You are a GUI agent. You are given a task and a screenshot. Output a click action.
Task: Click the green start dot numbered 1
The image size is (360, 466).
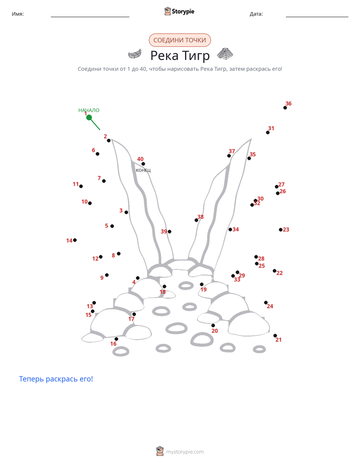89,118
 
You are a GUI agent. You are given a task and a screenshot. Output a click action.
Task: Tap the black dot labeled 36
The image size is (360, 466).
285,107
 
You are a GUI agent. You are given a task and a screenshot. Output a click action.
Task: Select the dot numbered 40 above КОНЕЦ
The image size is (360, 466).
143,164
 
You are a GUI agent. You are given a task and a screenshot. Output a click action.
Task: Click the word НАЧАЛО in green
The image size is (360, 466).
89,110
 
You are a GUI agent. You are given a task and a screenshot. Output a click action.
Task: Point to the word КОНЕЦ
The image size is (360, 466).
143,170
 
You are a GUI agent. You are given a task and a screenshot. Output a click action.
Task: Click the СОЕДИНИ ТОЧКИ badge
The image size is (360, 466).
179,40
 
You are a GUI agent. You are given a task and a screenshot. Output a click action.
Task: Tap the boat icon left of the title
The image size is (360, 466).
135,54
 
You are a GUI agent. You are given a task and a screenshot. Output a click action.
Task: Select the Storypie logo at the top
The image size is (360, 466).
179,11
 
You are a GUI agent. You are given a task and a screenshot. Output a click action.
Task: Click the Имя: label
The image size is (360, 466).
18,14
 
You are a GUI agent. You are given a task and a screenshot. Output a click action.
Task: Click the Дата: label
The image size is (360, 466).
256,14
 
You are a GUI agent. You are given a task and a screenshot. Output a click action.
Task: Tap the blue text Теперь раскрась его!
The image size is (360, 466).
56,379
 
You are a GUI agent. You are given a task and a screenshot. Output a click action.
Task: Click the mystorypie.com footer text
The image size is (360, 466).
185,452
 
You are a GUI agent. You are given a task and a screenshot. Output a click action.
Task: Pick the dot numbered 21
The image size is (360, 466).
275,335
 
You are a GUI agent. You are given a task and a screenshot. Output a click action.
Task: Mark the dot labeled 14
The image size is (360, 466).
75,240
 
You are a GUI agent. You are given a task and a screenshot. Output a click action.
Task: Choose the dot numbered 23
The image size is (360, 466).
281,230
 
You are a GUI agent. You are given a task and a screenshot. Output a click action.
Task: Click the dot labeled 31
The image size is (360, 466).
268,133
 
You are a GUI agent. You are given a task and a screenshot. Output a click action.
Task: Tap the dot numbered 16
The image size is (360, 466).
116,339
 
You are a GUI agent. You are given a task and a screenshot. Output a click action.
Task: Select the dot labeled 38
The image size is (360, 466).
196,220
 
